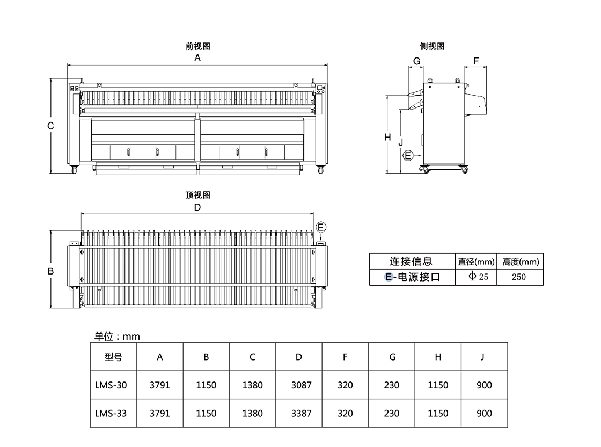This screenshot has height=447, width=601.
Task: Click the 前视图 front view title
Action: pos(197,47)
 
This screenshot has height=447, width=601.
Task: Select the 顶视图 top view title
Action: pos(197,195)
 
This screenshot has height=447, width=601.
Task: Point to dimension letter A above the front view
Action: pos(197,58)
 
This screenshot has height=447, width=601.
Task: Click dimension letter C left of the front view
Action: pos(50,126)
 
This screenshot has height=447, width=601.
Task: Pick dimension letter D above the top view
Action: pos(197,207)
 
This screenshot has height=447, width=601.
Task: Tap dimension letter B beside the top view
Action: pos(50,271)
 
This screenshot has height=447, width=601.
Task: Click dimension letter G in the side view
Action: pos(416,61)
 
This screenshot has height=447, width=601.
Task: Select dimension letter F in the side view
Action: pos(477,61)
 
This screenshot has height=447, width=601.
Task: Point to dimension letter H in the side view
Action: pos(387,138)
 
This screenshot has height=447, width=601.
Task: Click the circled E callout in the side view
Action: pos(408,156)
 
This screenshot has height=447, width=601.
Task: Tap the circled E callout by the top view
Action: pos(321,227)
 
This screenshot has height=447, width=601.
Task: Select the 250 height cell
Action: pos(519,277)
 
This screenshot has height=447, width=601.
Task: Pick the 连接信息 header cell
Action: pos(411,262)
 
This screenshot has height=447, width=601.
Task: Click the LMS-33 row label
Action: pos(111,413)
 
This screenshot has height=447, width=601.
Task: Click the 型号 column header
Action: pos(114,357)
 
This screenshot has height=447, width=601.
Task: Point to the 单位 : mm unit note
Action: pos(117,336)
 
